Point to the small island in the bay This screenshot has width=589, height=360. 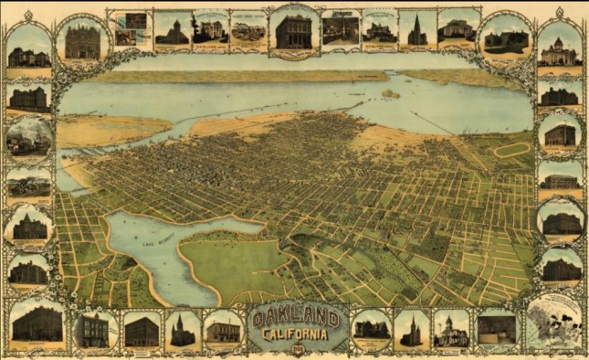[390, 93]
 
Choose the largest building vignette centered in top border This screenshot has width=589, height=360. [294, 30]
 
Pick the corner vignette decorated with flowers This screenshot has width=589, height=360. [553, 321]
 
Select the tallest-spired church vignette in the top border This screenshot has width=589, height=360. [417, 30]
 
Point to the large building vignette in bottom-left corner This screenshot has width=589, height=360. [37, 323]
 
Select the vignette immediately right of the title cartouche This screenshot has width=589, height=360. [371, 329]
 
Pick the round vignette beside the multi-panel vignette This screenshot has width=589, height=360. [83, 41]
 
